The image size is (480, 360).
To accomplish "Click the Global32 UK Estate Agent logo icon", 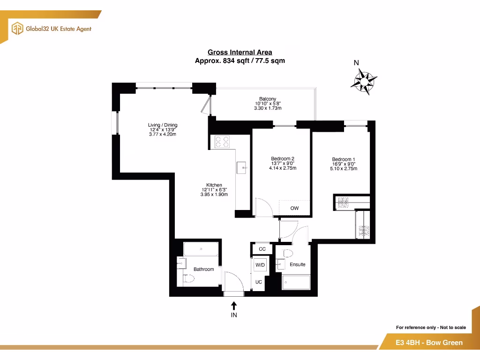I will [17, 28].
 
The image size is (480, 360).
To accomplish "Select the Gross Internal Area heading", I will [240, 52].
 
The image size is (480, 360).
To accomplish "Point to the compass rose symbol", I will [364, 81].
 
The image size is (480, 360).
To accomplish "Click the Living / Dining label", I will [163, 125].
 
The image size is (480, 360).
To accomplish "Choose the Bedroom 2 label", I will [283, 158].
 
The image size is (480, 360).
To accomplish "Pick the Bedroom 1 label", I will [344, 159].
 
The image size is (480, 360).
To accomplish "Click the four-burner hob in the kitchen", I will [222, 142].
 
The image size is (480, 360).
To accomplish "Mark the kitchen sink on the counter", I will [242, 166].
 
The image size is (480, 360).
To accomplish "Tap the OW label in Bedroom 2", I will [294, 208].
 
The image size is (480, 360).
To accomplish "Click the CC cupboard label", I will [262, 249].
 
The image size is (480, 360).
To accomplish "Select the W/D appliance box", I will [260, 265].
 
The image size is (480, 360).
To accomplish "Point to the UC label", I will [258, 282].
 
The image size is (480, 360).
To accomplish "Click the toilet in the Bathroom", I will [188, 279].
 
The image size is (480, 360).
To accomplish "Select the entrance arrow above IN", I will [234, 306].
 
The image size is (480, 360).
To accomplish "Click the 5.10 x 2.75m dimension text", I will [344, 169].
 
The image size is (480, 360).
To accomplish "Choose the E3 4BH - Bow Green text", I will [429, 343].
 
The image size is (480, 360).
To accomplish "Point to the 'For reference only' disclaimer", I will [431, 327].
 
